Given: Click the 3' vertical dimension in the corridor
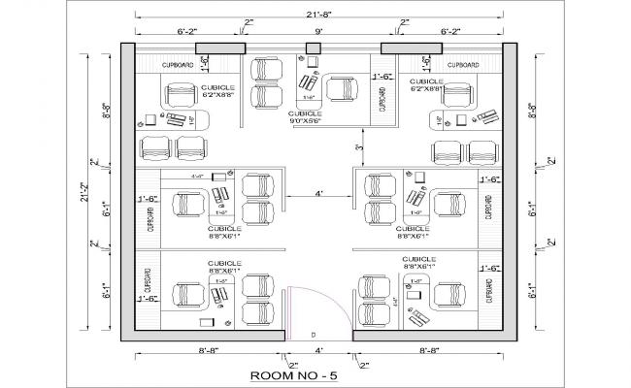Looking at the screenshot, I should pyautogui.click(x=357, y=147).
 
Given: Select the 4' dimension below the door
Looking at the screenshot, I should pyautogui.click(x=317, y=350).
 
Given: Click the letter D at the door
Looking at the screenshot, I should pyautogui.click(x=314, y=335).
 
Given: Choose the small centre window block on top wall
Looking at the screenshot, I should pyautogui.click(x=314, y=48).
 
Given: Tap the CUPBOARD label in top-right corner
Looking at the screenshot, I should pyautogui.click(x=463, y=64).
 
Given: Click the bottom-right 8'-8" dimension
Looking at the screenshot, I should pyautogui.click(x=429, y=350).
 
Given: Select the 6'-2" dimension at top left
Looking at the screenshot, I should pyautogui.click(x=188, y=32).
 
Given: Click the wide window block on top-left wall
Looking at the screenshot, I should pyautogui.click(x=218, y=48).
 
